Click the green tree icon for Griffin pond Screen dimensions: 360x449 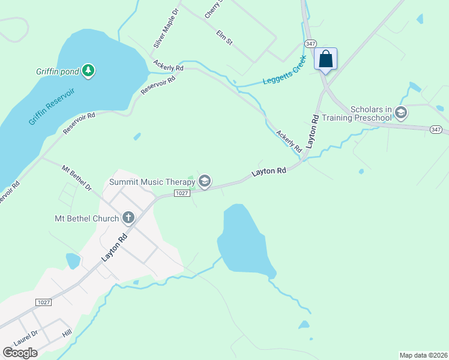coord(88,71)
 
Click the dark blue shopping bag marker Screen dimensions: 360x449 coord(325,59)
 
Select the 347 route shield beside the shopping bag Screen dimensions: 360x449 coord(310,44)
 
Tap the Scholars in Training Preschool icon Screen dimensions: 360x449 coord(401,112)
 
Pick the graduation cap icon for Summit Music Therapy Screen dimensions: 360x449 coord(205,181)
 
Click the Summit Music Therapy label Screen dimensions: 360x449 coord(152,181)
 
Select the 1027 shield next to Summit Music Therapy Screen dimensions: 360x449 coord(182,193)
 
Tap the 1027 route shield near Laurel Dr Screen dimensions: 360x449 coord(43,301)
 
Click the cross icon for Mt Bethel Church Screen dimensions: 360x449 coord(128,217)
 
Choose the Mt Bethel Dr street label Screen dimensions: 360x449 coord(77,178)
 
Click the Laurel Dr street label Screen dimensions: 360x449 coord(26,338)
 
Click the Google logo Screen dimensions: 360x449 coord(20,352)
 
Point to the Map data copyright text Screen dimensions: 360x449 coord(423,355)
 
